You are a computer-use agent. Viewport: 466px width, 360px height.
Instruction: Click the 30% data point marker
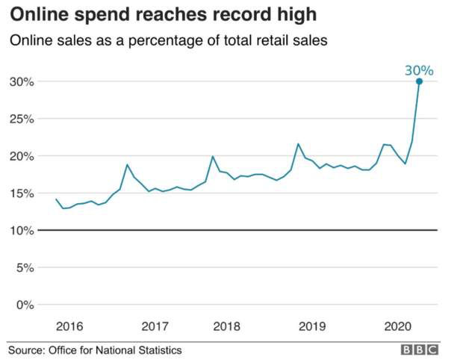click(419, 81)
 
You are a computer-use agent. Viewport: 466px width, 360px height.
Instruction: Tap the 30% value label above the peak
click(419, 70)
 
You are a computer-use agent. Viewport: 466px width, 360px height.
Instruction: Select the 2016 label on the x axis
click(69, 326)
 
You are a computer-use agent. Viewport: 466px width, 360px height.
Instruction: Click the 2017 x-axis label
click(155, 326)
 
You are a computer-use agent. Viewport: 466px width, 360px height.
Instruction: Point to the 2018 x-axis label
click(226, 326)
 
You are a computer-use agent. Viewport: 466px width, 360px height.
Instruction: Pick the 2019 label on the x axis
click(312, 326)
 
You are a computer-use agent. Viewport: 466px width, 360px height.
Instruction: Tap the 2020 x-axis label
click(397, 326)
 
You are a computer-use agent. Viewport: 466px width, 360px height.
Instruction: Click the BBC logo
click(420, 350)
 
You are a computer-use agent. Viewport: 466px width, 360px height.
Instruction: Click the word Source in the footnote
click(26, 350)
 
